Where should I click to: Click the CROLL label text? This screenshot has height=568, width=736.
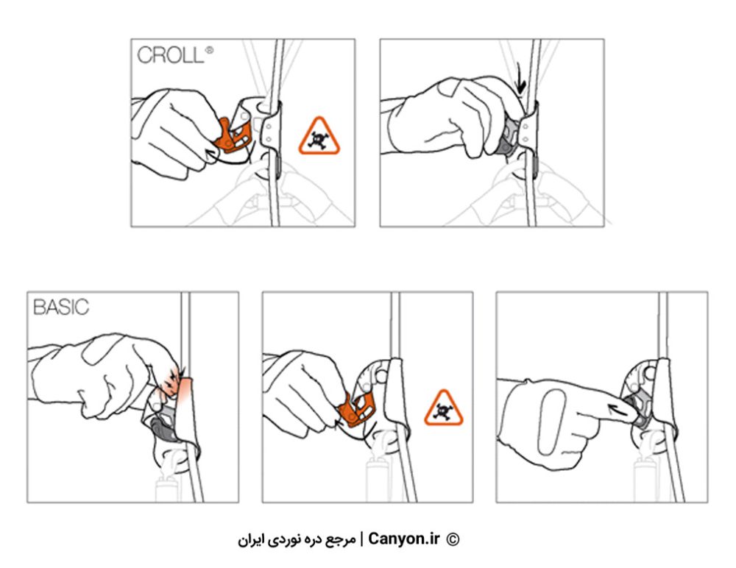point(171,55)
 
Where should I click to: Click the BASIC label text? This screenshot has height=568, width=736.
point(61,308)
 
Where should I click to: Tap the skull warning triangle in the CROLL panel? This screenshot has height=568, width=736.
point(319,136)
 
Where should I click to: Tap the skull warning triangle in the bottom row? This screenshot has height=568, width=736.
point(444,408)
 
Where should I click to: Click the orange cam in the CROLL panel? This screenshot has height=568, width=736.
point(233,136)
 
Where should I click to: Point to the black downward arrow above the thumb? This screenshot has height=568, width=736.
point(520,79)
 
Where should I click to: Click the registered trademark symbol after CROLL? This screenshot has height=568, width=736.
point(209,50)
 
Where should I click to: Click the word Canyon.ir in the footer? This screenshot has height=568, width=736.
point(403,539)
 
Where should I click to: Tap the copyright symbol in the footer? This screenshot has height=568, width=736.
point(453,539)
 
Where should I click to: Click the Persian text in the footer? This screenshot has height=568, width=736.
point(297,539)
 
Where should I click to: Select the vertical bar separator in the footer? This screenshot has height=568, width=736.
point(361,539)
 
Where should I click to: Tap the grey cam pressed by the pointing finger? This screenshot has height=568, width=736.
point(640,411)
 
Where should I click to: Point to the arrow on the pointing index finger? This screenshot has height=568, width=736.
point(623,410)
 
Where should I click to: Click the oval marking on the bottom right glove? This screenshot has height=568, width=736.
point(551,422)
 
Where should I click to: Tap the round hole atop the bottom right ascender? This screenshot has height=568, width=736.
point(650,373)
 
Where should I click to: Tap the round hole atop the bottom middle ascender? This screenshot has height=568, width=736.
point(381,375)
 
